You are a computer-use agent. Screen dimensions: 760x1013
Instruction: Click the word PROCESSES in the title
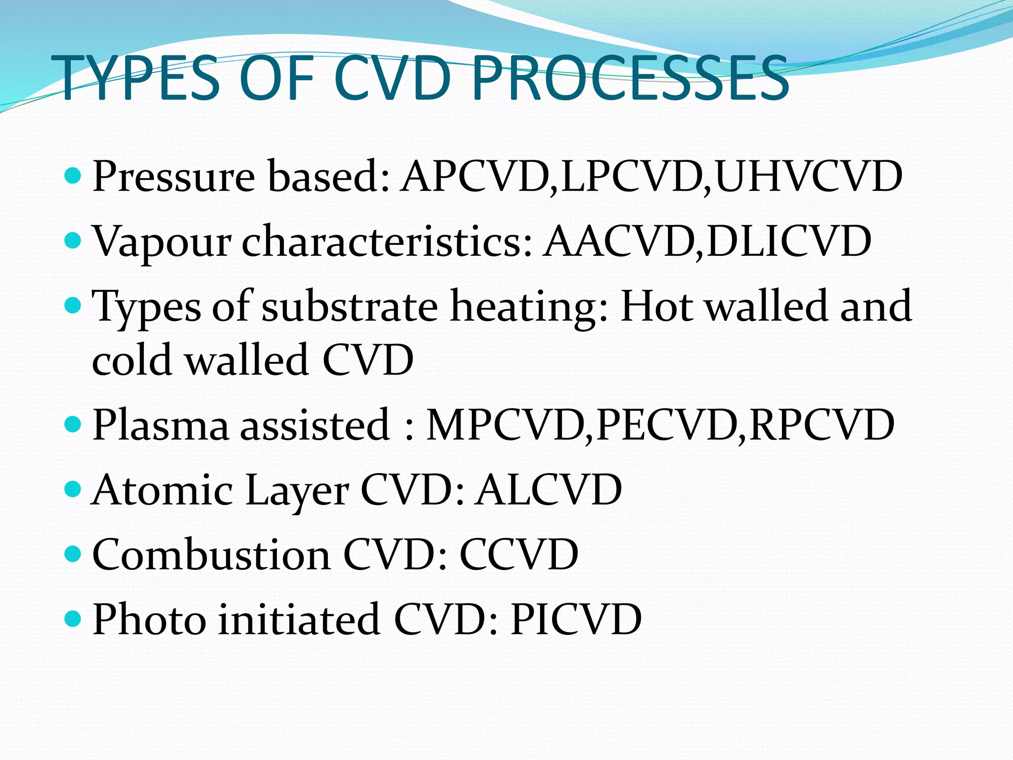[x=631, y=78]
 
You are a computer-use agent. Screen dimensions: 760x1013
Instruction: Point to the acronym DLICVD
[x=788, y=241]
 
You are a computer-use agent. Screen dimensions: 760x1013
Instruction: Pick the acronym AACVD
[x=618, y=241]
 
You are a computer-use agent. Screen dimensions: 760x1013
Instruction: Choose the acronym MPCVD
[x=506, y=425]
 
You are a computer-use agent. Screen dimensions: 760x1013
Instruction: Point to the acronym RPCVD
[x=822, y=425]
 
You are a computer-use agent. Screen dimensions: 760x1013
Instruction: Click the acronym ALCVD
[x=548, y=490]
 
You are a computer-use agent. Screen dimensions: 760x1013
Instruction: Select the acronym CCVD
[x=519, y=555]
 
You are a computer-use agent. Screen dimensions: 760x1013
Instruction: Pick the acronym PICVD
[x=576, y=619]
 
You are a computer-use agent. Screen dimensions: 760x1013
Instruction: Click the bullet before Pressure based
[x=73, y=176]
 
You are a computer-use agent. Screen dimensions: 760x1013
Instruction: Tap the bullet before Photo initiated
[x=73, y=618]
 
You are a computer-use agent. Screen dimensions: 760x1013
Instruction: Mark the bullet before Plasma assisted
[x=73, y=424]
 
